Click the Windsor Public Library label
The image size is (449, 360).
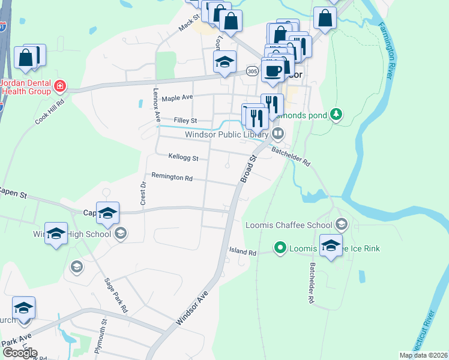click(x=226, y=135)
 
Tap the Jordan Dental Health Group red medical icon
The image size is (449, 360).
click(x=60, y=87)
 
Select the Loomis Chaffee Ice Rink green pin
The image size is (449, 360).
click(x=280, y=247)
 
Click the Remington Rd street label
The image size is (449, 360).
click(x=172, y=178)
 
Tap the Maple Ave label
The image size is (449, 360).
click(x=177, y=97)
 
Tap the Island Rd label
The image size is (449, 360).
click(x=243, y=251)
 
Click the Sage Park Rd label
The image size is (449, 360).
click(x=116, y=295)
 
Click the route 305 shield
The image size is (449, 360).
click(x=250, y=72)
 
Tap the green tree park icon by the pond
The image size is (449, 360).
click(x=337, y=113)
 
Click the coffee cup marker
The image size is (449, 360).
click(x=273, y=70)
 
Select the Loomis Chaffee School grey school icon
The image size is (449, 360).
click(x=342, y=225)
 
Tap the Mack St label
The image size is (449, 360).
click(x=189, y=25)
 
